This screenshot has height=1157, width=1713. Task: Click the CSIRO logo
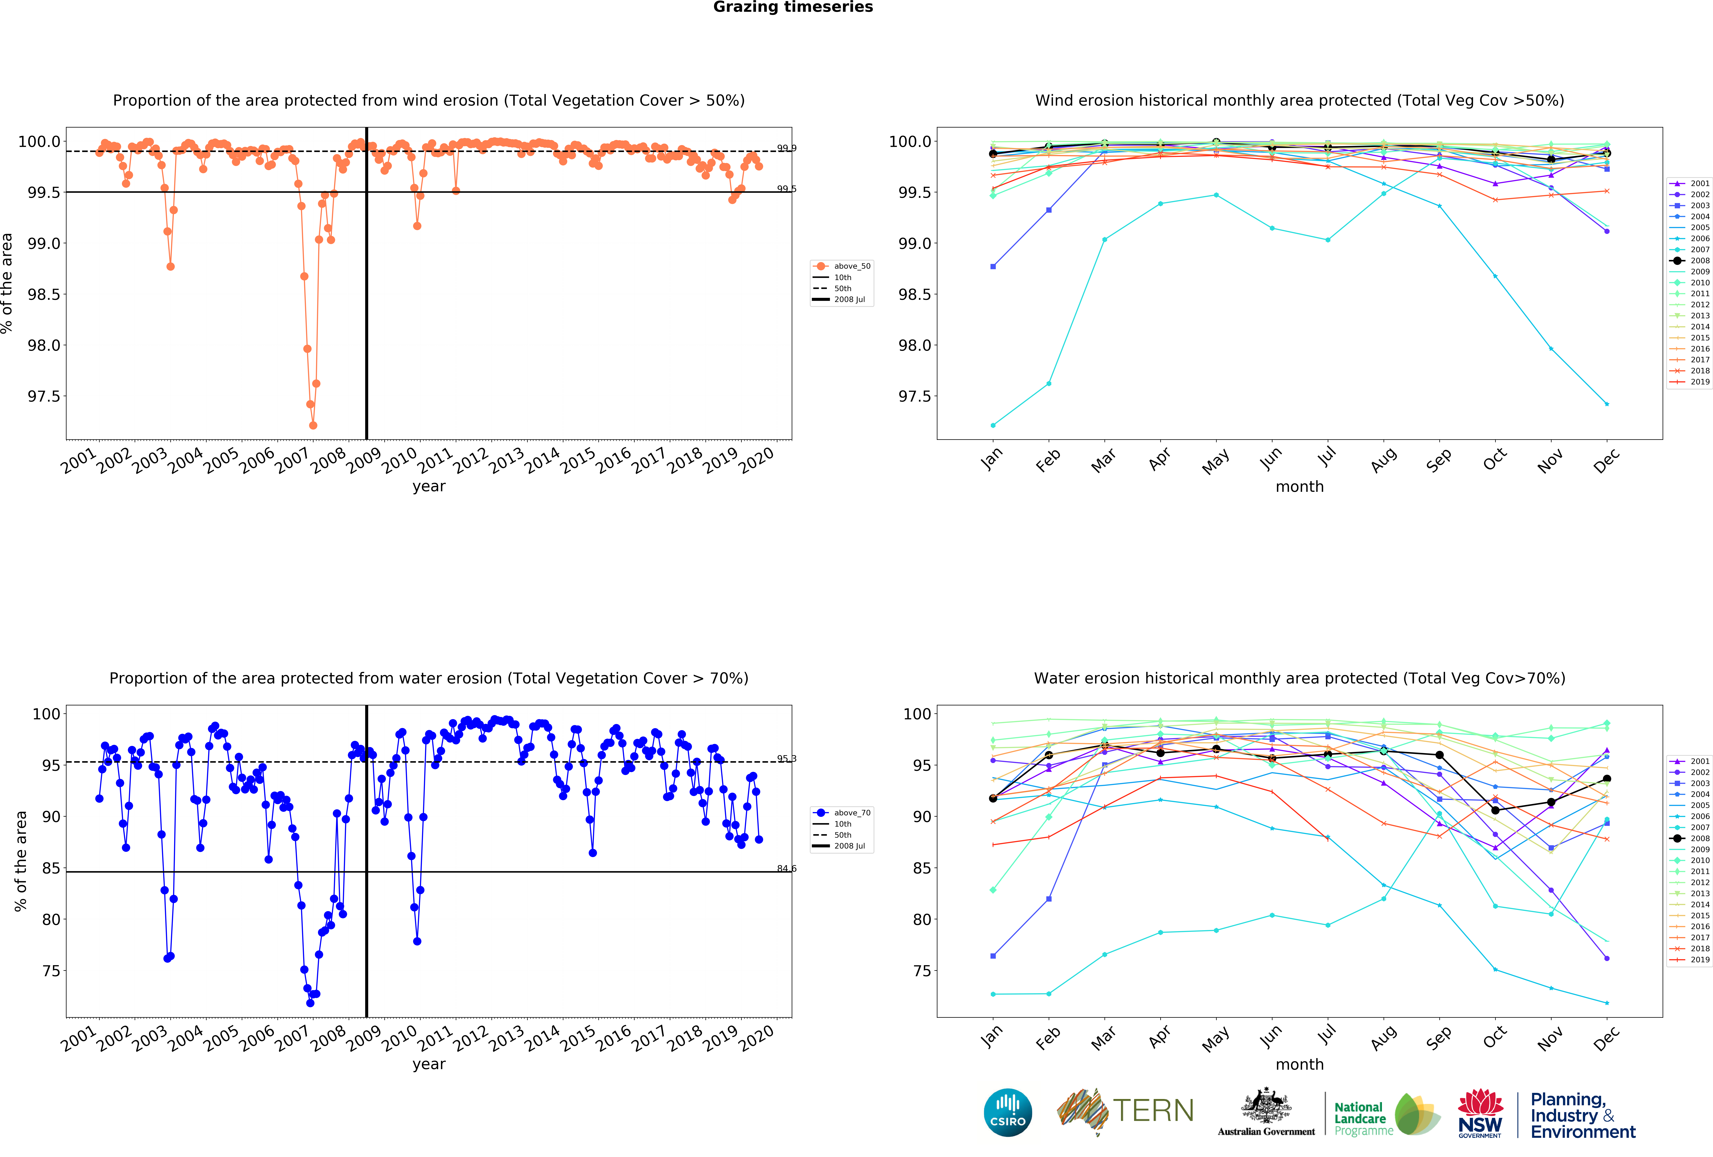(x=1008, y=1112)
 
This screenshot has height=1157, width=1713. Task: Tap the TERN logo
(x=1126, y=1111)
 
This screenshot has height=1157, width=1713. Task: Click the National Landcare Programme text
(x=1363, y=1118)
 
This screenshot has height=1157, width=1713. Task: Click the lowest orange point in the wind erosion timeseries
(x=313, y=425)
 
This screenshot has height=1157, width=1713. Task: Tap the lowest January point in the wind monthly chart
(x=993, y=425)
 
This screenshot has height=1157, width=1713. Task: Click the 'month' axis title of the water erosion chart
(x=1299, y=1064)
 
